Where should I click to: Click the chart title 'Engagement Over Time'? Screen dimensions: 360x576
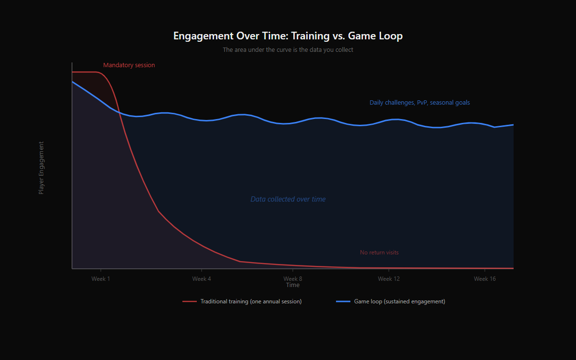[x=288, y=36]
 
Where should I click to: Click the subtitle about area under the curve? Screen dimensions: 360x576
[x=288, y=49]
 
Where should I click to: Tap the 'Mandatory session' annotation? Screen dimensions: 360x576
[x=129, y=65]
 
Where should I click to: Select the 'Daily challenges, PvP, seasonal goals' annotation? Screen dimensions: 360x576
[x=420, y=103]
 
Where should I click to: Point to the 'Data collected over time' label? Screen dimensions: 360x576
[x=288, y=199]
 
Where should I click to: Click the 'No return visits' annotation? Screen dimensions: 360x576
[x=379, y=252]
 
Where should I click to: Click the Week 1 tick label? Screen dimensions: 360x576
[x=101, y=279]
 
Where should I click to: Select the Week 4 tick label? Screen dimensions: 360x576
[x=202, y=279]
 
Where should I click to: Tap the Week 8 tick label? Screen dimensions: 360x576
[x=293, y=279]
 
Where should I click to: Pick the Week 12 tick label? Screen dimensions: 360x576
[x=389, y=279]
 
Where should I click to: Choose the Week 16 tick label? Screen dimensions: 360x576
[x=485, y=279]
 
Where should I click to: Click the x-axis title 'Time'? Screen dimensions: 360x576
[x=293, y=285]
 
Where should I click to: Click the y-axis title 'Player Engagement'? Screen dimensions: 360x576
[x=41, y=168]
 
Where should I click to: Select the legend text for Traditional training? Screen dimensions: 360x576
[x=251, y=301]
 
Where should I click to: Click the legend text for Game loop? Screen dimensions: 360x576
[x=400, y=301]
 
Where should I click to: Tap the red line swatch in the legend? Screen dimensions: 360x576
[x=190, y=301]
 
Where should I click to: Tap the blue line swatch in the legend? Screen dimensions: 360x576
[x=343, y=301]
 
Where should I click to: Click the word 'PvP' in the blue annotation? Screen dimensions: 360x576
[x=422, y=103]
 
